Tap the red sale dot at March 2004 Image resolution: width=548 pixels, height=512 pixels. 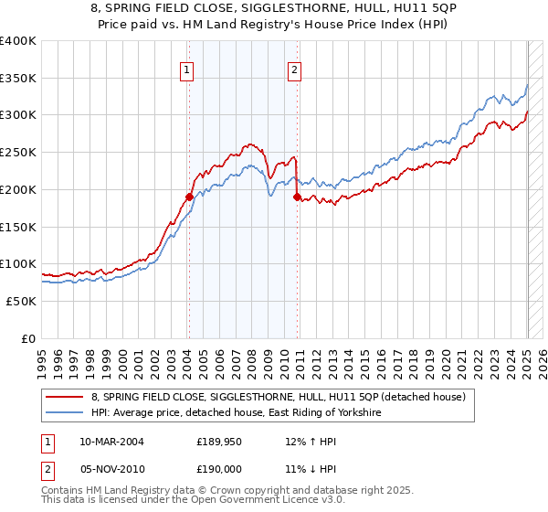click(189, 196)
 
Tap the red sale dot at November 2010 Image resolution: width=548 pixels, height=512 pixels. click(297, 197)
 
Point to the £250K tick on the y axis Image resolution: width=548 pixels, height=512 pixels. click(18, 152)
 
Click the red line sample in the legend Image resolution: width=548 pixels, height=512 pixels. click(64, 397)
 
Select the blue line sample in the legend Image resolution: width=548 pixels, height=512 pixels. click(64, 412)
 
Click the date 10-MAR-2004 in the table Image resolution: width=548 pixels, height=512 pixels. click(111, 441)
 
